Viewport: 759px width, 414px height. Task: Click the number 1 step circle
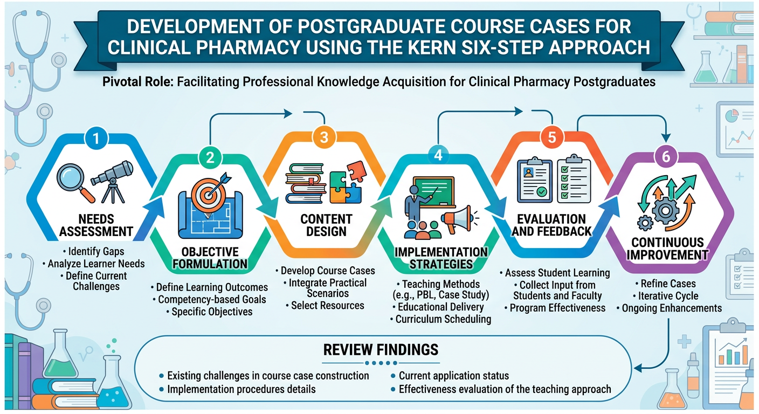[96, 139]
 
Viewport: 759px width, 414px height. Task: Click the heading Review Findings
[381, 349]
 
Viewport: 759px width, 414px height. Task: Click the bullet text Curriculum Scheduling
[440, 319]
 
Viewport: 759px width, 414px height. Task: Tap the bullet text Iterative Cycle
[668, 296]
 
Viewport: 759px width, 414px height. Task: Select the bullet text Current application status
[453, 376]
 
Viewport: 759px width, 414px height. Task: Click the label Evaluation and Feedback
[551, 226]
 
